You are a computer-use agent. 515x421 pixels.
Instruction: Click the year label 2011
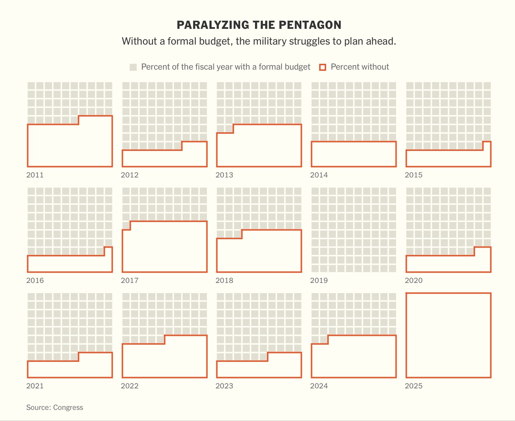pos(35,175)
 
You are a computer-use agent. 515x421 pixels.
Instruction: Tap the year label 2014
pos(319,175)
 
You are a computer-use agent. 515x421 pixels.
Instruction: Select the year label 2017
pos(130,280)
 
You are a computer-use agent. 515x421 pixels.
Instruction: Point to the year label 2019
pos(319,280)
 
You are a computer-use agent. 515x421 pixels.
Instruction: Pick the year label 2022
pos(130,386)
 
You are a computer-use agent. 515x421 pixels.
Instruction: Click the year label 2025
pos(414,386)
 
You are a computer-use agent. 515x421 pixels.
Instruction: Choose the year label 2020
pos(414,280)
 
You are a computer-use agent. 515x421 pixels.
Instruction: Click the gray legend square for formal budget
pos(133,67)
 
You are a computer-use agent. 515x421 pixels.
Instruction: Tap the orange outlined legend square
pos(323,67)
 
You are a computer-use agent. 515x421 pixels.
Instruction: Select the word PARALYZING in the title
pos(212,25)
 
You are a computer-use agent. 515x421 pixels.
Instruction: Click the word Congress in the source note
pos(68,407)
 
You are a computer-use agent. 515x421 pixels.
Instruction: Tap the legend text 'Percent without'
pos(360,67)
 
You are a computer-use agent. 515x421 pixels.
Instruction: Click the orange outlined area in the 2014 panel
pos(354,154)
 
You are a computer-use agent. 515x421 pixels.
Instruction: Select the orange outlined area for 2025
pos(448,335)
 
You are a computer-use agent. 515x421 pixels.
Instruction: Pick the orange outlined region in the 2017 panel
pos(165,248)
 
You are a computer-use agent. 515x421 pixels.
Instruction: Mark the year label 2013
pos(224,175)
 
